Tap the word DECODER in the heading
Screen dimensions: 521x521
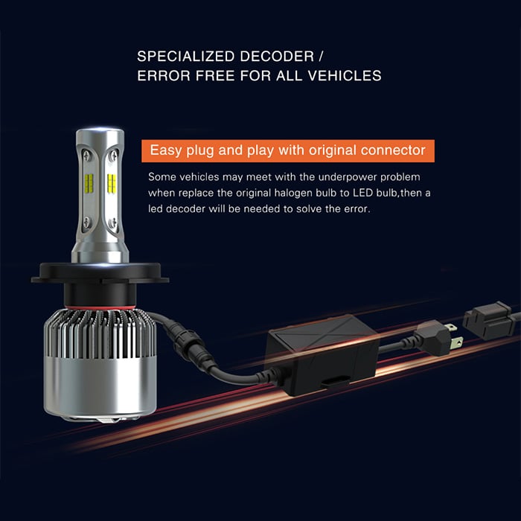pos(277,57)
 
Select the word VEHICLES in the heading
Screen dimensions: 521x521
pos(345,76)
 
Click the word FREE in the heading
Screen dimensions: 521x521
pos(215,76)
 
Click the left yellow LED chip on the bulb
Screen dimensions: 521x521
pos(89,183)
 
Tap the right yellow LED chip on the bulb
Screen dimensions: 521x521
pos(112,183)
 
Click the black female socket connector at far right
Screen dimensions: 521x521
pos(489,320)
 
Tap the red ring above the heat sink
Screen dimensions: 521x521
pos(100,307)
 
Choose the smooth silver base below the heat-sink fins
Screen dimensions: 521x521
pos(100,388)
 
